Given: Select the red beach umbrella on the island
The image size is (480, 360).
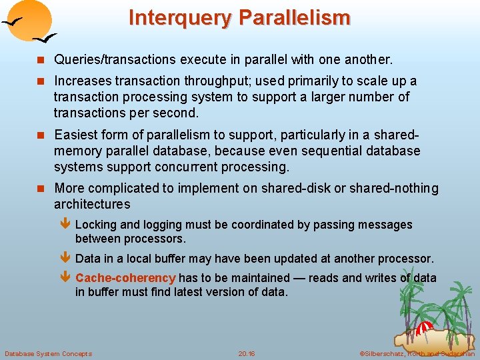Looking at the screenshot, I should click(425, 328).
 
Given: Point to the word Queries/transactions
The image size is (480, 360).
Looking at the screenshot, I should click(116, 59).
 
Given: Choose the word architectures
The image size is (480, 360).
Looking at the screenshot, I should click(92, 204).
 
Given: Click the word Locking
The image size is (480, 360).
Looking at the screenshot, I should click(95, 225).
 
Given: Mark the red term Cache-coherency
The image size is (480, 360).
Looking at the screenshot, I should click(125, 278).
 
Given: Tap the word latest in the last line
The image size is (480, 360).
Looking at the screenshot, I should click(188, 292).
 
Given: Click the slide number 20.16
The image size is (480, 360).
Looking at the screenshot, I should click(247, 353).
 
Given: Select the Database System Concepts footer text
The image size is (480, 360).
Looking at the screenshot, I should click(48, 353).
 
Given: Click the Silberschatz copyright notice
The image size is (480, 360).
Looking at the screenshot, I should click(416, 353).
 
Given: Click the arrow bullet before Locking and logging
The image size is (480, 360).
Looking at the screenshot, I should click(65, 225).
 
